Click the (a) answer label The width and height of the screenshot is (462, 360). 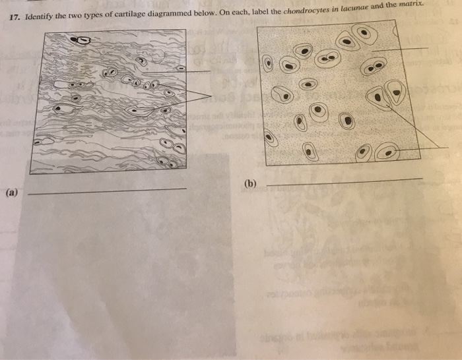12,193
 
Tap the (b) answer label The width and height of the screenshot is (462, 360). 251,184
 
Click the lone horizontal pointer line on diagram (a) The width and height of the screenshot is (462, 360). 178,72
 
